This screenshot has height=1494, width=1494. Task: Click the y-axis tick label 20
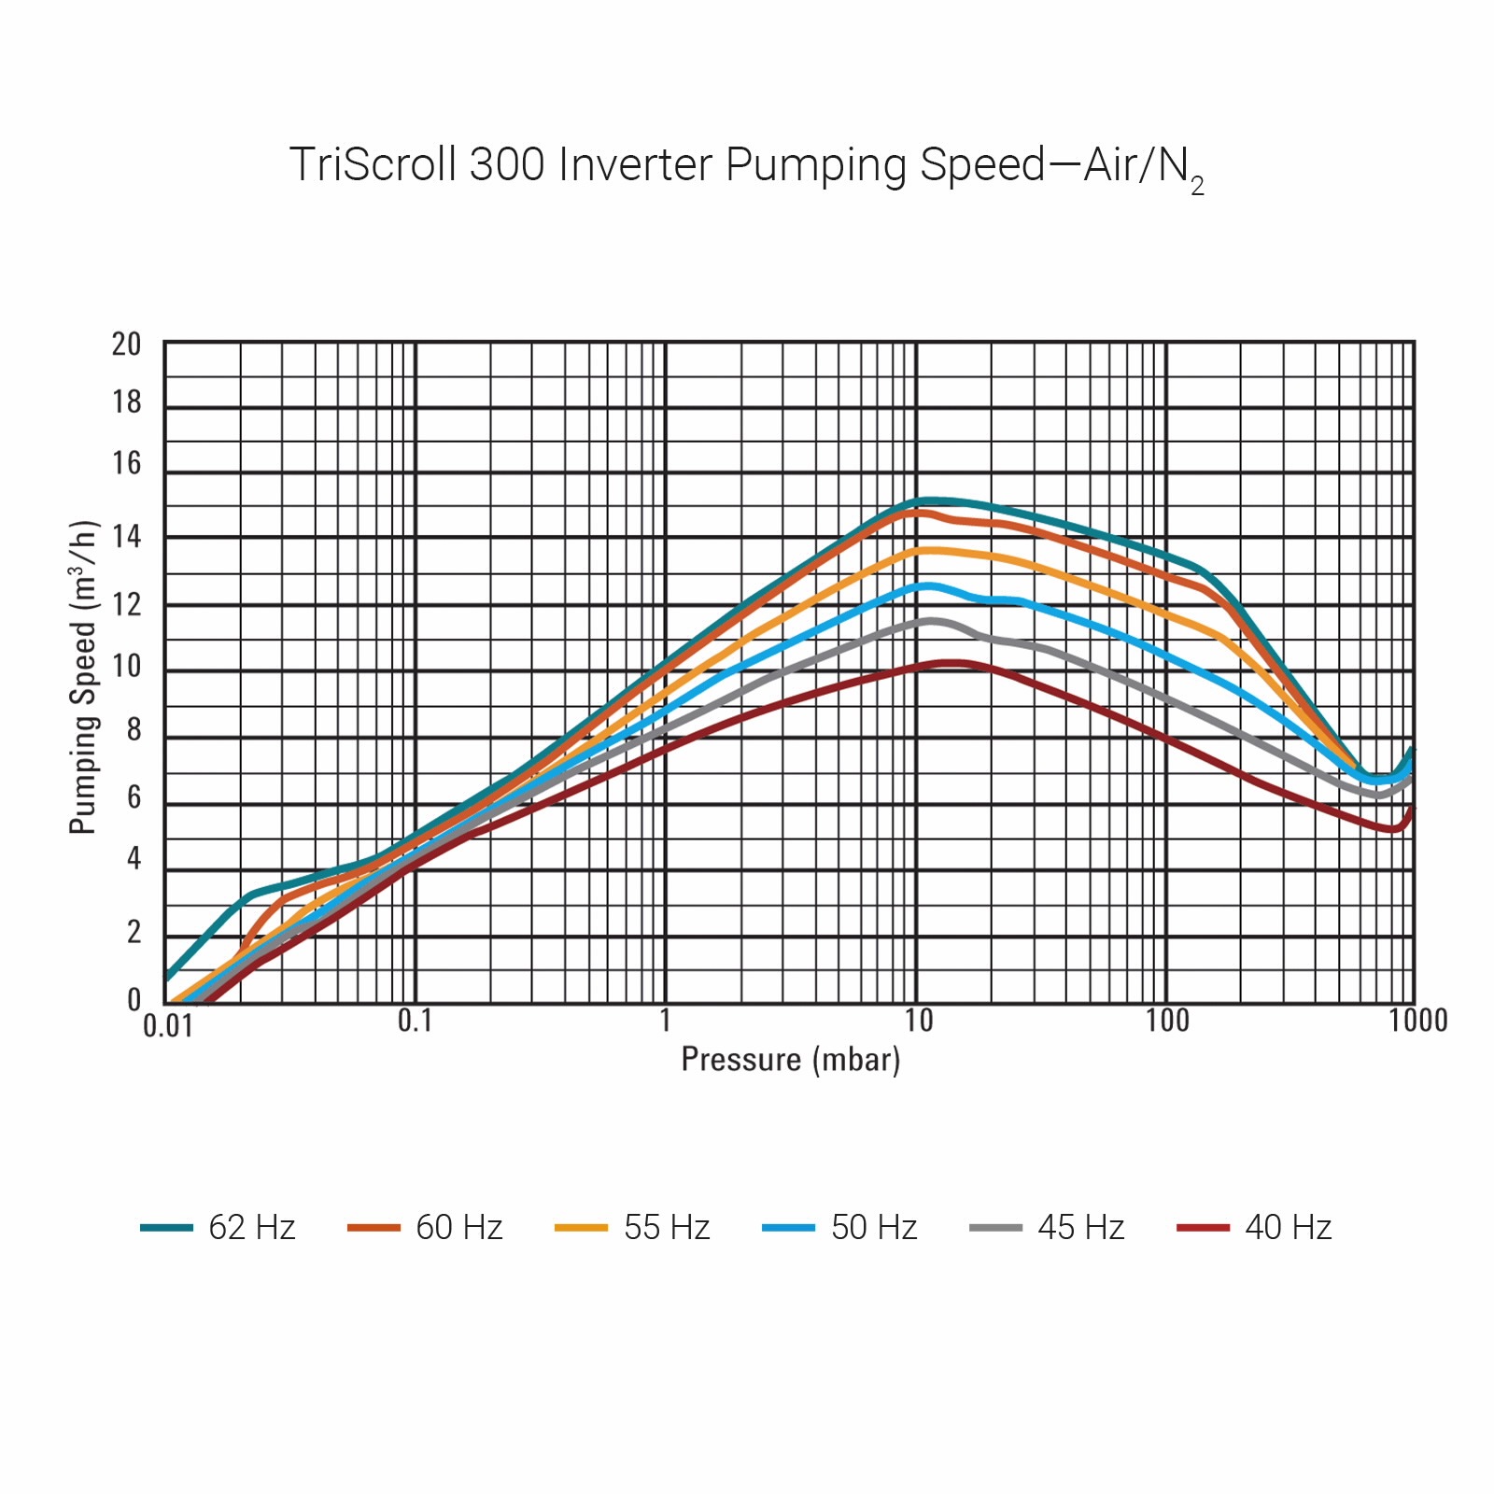click(x=126, y=345)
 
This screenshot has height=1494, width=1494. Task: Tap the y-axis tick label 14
click(x=126, y=537)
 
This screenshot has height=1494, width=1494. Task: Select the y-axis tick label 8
click(x=134, y=730)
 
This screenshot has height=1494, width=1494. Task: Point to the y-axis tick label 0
click(x=134, y=999)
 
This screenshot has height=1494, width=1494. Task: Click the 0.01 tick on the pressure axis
click(x=167, y=1026)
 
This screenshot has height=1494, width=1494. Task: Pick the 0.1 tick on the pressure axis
click(x=415, y=1022)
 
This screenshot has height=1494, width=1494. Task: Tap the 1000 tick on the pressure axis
click(x=1417, y=1022)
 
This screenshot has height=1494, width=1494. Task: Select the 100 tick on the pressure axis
click(x=1167, y=1022)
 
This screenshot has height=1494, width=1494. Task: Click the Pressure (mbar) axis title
click(x=790, y=1060)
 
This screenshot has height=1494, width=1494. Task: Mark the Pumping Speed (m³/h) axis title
click(x=83, y=677)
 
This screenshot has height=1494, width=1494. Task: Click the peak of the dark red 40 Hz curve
click(x=952, y=663)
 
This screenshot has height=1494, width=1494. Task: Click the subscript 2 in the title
click(x=1197, y=186)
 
